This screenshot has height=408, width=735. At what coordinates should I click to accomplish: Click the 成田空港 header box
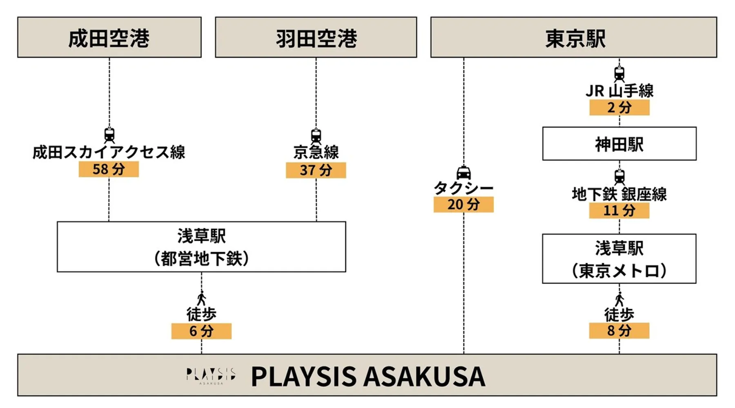pos(109,38)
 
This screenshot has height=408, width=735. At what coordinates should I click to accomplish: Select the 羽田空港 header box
pos(316,38)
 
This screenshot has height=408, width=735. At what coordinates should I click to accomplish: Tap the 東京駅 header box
pos(573,38)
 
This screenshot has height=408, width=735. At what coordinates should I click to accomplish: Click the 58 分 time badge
pos(109,169)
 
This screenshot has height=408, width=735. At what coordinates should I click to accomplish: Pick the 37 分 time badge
pos(316,170)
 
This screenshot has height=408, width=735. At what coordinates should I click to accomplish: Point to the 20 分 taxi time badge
pos(463,204)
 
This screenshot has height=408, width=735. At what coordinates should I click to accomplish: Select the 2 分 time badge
pos(619,108)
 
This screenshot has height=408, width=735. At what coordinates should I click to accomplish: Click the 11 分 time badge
pos(619,211)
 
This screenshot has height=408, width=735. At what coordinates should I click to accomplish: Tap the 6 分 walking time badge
pos(201,331)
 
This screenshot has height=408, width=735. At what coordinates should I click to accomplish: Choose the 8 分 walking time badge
pos(619,330)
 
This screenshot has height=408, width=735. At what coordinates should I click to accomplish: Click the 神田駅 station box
pos(619,144)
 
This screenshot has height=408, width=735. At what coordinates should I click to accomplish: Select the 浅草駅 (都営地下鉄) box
pos(201,247)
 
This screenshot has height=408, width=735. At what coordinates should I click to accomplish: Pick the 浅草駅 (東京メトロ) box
pos(619,259)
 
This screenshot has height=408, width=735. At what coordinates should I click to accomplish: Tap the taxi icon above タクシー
pos(463,173)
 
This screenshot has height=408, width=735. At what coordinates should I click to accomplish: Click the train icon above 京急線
pos(316,135)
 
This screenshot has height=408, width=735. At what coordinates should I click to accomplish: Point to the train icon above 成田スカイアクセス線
pos(109,135)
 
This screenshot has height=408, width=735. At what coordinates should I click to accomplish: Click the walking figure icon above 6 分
pos(201,299)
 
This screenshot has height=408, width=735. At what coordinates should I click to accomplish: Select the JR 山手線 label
pos(619,91)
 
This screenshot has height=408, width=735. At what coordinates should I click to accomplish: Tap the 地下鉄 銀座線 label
pos(619,194)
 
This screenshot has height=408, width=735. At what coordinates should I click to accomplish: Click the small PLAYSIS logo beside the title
pos(211,376)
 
